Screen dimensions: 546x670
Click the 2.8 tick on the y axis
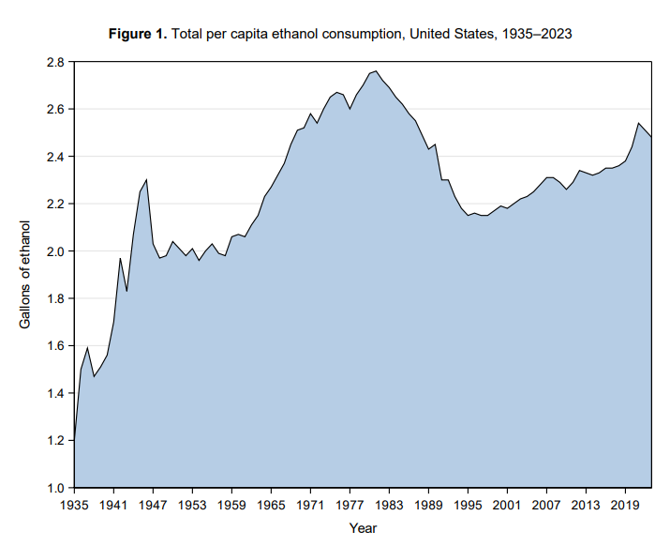pos(53,62)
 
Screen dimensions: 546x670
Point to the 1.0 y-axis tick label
pos(53,488)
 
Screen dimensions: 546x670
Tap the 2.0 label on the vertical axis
pos(53,251)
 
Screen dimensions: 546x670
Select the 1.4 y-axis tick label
pos(53,393)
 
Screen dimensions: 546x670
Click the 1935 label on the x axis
pos(73,504)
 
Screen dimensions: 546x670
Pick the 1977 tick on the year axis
pos(350,504)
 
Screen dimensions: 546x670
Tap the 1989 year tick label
pos(428,504)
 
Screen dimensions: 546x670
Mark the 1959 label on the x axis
pos(231,504)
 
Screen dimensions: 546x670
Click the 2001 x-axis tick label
pos(507,504)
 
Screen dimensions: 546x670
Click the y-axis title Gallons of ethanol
pos(25,275)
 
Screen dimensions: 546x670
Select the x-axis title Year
pos(363,528)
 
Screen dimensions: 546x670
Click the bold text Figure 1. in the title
pos(138,34)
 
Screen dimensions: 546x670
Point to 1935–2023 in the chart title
pos(533,34)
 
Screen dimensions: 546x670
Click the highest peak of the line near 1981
pos(376,71)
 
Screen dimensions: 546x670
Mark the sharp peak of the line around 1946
pos(146,179)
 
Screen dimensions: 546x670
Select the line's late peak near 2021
pos(638,123)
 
